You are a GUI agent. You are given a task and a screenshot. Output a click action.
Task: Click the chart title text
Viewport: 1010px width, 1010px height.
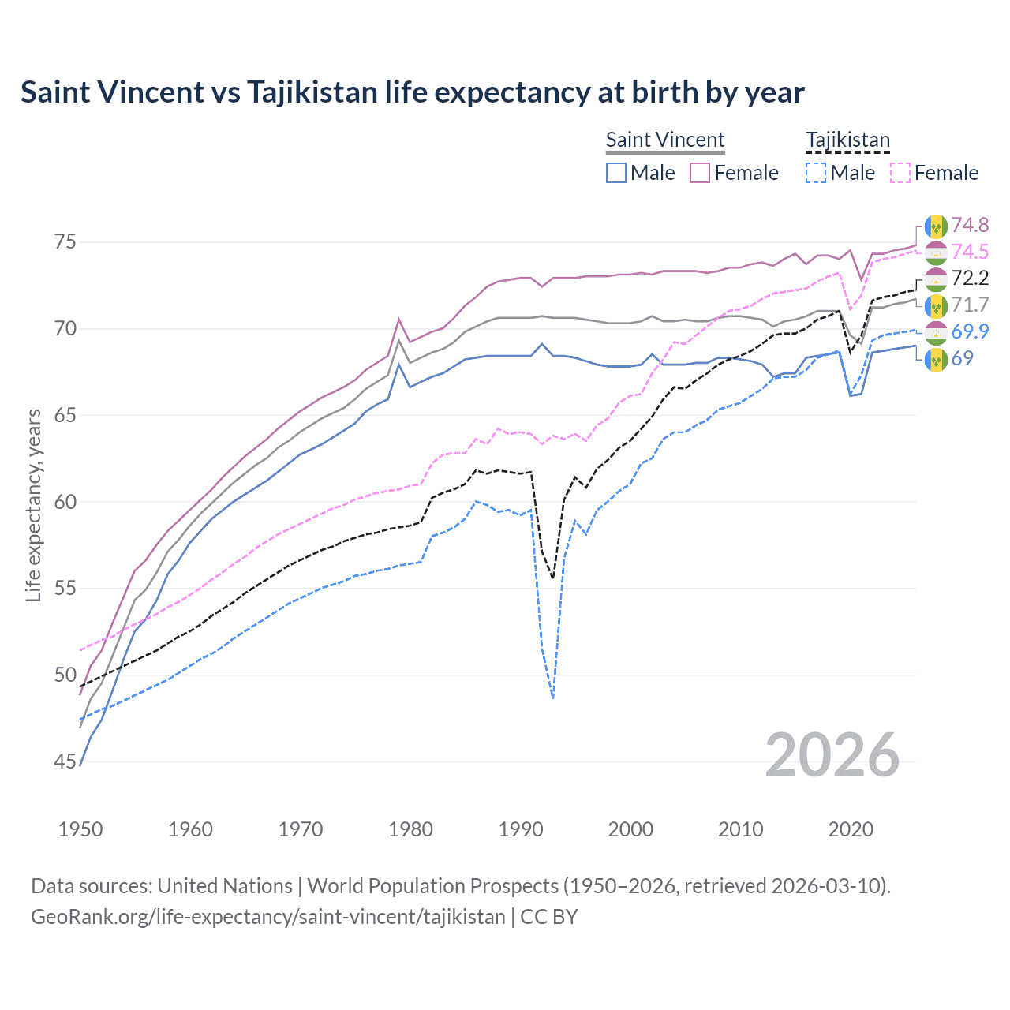[x=413, y=92]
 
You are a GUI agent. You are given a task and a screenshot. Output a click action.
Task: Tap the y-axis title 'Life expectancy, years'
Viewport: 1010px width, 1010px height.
[x=33, y=505]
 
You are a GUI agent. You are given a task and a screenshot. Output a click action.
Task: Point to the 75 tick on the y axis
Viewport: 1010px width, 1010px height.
[x=65, y=241]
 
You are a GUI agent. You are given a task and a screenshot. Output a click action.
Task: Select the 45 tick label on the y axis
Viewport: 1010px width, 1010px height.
[x=65, y=761]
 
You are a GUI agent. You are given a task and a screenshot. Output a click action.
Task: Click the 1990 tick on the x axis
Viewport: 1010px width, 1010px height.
[x=521, y=829]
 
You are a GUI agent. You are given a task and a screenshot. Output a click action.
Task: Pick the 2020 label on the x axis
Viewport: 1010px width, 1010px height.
[x=851, y=829]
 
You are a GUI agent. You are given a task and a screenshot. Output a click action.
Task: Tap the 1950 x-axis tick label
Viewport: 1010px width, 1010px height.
[x=80, y=829]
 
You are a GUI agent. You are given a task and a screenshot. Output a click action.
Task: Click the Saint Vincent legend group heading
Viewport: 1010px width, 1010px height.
[x=665, y=140]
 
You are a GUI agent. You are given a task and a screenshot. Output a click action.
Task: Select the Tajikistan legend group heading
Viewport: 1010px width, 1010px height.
[x=847, y=140]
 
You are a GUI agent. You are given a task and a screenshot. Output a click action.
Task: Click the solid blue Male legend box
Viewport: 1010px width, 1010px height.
[x=616, y=173]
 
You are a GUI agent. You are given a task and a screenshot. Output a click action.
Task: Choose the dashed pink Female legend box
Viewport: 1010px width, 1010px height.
[x=900, y=173]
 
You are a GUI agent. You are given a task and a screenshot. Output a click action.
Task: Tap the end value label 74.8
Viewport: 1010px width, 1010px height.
[x=970, y=226]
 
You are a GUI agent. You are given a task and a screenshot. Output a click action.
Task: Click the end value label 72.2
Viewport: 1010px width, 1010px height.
[x=970, y=279]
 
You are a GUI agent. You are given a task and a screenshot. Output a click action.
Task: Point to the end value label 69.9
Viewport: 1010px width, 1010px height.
[x=970, y=331]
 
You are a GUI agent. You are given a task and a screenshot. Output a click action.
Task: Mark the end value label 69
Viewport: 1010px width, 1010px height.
[x=962, y=358]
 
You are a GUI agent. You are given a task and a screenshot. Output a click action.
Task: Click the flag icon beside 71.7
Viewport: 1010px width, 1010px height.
[x=936, y=305]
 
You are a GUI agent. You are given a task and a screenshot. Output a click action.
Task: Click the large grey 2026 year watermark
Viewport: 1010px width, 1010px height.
[x=832, y=756]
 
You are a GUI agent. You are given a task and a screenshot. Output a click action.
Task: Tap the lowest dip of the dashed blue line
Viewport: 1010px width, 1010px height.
[x=553, y=698]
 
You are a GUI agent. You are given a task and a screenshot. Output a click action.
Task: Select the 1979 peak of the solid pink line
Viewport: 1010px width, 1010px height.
[x=399, y=320]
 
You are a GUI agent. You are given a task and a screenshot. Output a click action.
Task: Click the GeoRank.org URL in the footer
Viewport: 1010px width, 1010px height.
[x=268, y=917]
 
